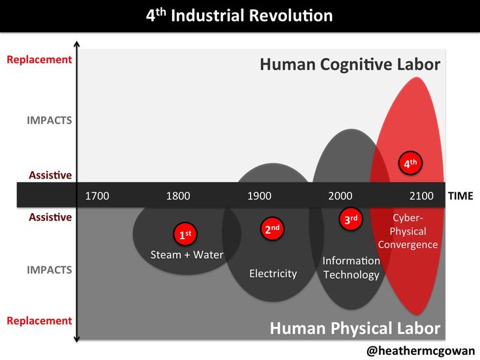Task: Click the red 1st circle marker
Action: coord(185,234)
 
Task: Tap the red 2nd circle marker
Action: coord(272,228)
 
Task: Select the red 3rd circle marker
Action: coord(351,219)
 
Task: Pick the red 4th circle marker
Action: coord(410,163)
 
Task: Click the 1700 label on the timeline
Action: coord(97,196)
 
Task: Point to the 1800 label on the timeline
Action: coord(178,196)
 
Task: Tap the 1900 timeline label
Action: coord(260,196)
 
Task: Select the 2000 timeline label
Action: coord(340,196)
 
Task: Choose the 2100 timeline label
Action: coord(421,196)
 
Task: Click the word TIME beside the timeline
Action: coord(460,196)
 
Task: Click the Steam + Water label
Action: coord(187,255)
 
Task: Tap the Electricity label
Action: coord(273,273)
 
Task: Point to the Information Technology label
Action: coord(352,267)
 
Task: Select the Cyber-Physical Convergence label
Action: coord(408,231)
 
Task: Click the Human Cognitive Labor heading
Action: coord(350,65)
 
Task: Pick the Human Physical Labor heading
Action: coord(355,328)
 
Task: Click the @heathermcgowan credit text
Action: coord(420,351)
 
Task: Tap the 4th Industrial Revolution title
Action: coord(239,15)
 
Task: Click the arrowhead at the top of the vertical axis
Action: coord(77,44)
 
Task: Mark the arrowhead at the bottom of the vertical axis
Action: coord(77,339)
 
